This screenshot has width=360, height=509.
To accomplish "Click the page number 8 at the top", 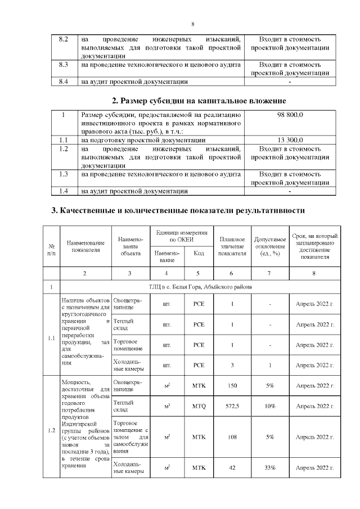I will [x=192, y=24].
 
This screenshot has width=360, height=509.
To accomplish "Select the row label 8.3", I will [x=64, y=65].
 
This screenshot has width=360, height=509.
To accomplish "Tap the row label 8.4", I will [x=64, y=82].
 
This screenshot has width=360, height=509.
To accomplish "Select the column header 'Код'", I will [x=198, y=253].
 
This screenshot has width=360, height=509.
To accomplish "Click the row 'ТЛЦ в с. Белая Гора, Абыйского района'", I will [x=200, y=287].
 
